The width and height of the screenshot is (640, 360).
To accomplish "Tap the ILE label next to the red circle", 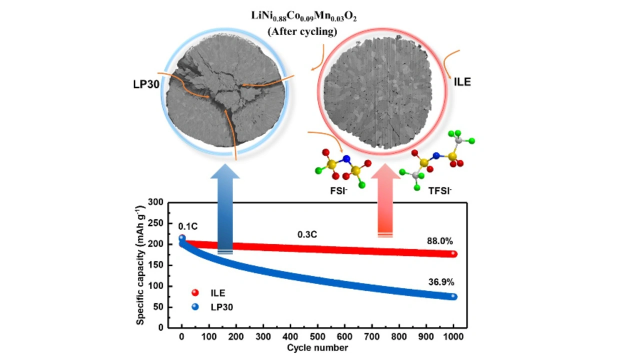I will pos(462,82).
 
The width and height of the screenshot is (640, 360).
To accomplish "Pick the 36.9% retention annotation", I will pos(440,282).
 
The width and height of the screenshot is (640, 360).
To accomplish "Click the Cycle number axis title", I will pos(317,347).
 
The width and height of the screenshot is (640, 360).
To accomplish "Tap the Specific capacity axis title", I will pos(141,265).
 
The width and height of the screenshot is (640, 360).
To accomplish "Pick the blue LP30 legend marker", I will pos(195,306).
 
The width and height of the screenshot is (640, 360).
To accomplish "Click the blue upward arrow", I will pos(225,210).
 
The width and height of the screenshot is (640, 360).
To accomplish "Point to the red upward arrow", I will pos(384,205).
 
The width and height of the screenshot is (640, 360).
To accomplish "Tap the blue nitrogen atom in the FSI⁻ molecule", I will pos(344,159).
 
